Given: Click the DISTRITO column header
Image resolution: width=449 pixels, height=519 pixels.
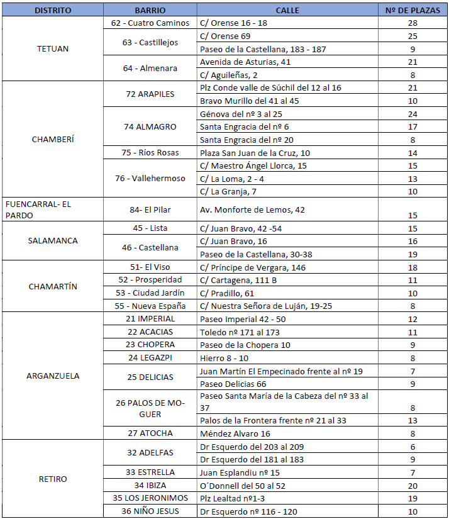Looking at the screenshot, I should tap(53, 11).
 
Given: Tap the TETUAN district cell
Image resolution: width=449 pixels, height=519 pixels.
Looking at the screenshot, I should tap(53, 48).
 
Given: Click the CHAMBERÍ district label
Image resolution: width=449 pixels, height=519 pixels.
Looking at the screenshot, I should tap(53, 139).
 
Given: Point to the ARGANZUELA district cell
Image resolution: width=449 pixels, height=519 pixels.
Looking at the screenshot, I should tap(53, 376).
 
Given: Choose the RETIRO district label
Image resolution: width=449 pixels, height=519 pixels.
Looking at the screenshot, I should tap(53, 479).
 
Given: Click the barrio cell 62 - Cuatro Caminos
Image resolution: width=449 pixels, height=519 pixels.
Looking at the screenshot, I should tap(150, 23).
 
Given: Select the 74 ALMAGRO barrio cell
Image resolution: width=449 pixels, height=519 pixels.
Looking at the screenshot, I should tap(150, 126).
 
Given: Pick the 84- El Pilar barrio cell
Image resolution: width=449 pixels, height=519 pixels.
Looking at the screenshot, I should tap(150, 209).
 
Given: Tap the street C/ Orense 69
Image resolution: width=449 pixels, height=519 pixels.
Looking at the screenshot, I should tap(224, 36).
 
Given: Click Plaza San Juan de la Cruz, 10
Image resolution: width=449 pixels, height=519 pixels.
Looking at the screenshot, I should tap(255, 153).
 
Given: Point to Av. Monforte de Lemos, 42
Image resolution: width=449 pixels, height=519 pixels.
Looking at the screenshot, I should tap(252, 209).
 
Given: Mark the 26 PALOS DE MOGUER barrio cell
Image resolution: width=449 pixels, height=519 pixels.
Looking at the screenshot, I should tap(150, 408).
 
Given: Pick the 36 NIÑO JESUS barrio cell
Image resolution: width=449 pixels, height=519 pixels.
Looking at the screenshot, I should tap(150, 511).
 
